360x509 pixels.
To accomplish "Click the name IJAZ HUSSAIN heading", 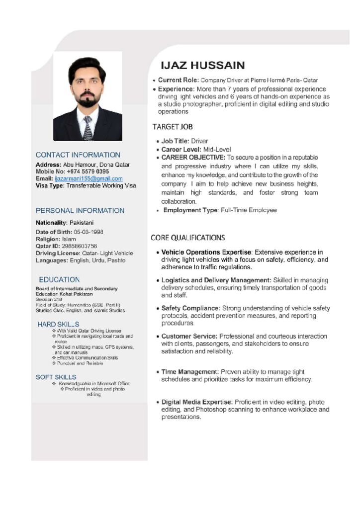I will [202, 65].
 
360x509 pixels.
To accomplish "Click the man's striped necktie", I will [88, 128].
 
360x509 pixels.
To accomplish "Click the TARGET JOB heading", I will [173, 127].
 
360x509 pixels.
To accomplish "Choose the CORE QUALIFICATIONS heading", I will [188, 238].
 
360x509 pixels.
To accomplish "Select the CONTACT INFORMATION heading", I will [78, 155].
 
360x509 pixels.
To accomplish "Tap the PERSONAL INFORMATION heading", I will [80, 211].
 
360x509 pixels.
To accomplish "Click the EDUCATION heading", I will [59, 280].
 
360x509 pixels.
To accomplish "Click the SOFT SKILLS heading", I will [56, 377].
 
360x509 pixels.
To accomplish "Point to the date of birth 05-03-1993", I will [89, 232].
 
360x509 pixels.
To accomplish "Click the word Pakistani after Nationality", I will [82, 223].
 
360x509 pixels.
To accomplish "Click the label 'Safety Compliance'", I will [190, 308].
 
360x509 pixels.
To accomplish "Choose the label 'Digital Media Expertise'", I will [197, 402].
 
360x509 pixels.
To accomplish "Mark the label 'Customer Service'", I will [189, 337].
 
